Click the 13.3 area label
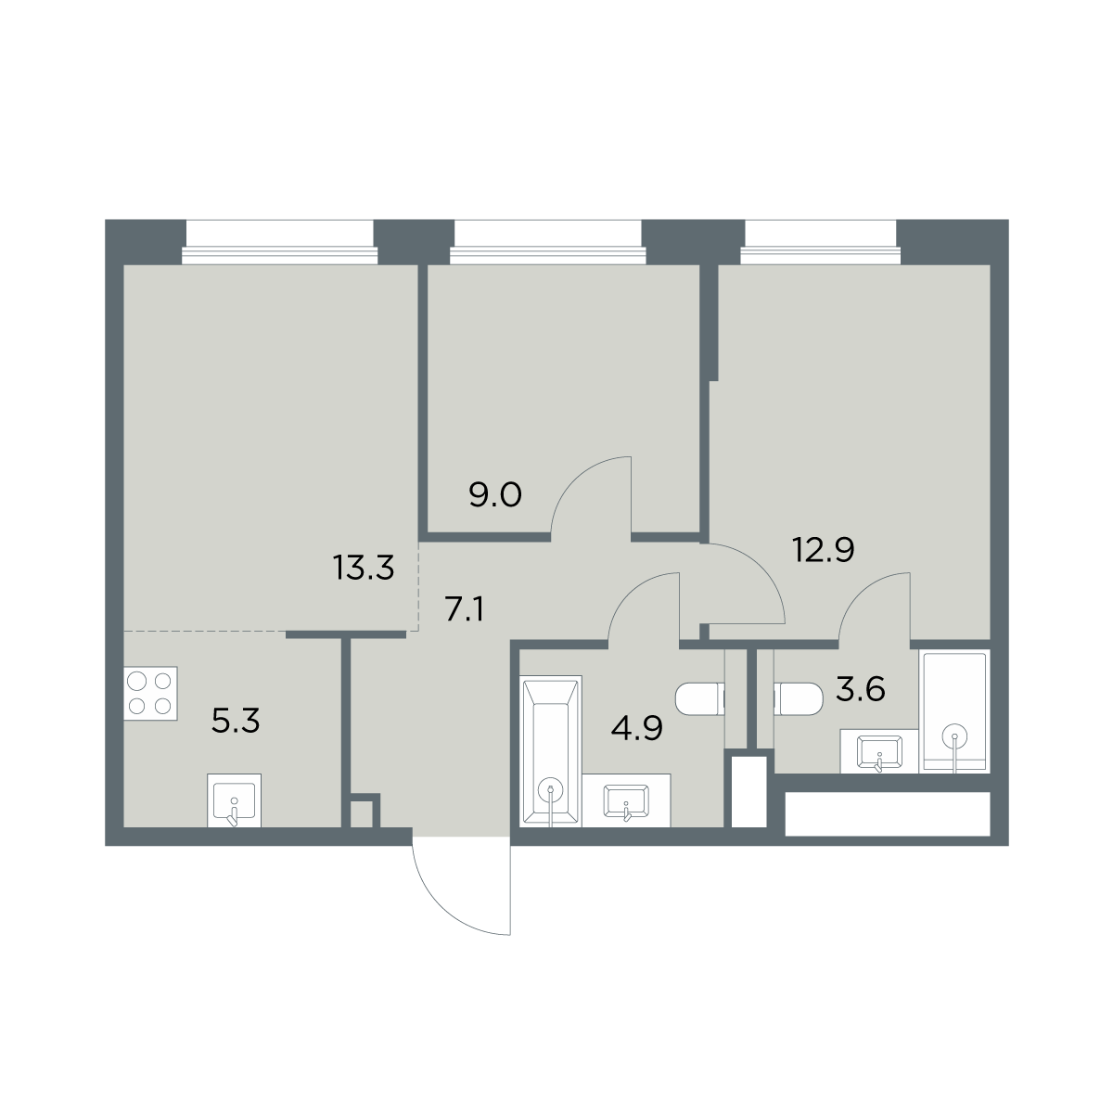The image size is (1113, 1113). [364, 568]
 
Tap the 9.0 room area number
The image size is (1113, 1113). [495, 495]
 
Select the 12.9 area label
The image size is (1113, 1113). [823, 549]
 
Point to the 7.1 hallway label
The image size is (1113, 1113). [464, 610]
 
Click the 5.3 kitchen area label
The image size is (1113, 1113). [236, 721]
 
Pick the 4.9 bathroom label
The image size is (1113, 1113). [636, 728]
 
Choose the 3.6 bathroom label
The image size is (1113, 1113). [861, 689]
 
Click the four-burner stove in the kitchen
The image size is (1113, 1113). [150, 693]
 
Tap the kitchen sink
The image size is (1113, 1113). [234, 800]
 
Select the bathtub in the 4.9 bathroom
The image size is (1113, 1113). [550, 751]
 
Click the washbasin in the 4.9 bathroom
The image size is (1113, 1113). [626, 800]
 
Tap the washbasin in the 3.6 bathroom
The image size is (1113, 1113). [879, 751]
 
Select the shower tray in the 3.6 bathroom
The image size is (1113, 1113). [954, 711]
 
